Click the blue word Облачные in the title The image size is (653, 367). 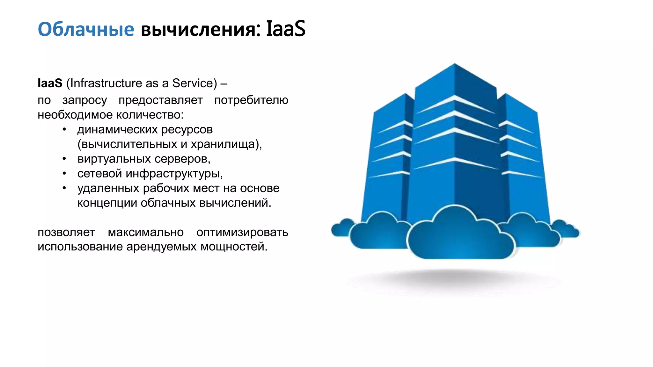coord(86,29)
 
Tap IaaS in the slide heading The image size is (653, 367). coord(285,29)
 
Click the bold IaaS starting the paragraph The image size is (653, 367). coord(50,83)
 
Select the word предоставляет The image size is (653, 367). coord(160,100)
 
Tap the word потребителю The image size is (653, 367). coord(251,100)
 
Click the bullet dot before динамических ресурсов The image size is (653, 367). coord(64,129)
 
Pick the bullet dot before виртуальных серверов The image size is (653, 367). coord(64,159)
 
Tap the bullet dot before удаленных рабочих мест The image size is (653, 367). coord(64,188)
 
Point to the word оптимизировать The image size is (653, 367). coord(242,232)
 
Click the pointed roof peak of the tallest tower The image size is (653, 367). coord(454,65)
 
